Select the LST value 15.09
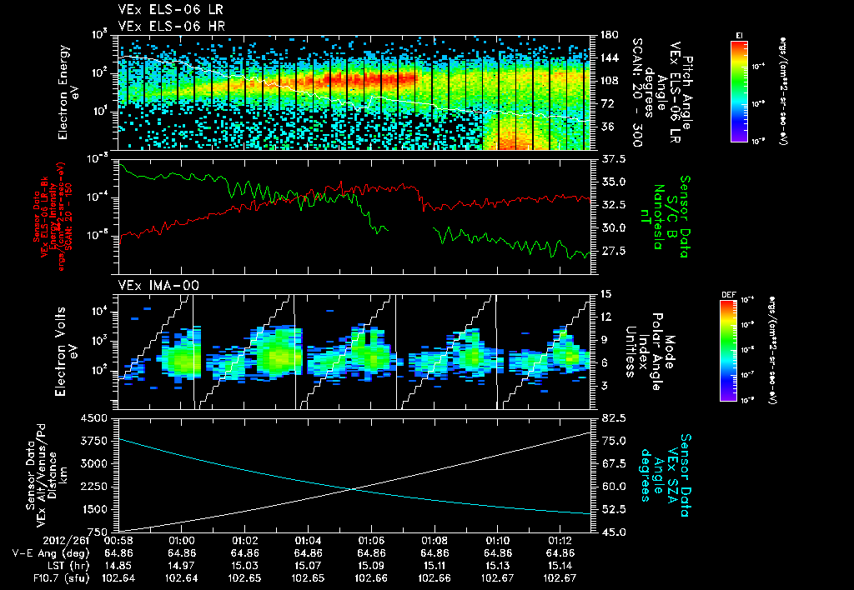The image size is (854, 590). pyautogui.click(x=372, y=564)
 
